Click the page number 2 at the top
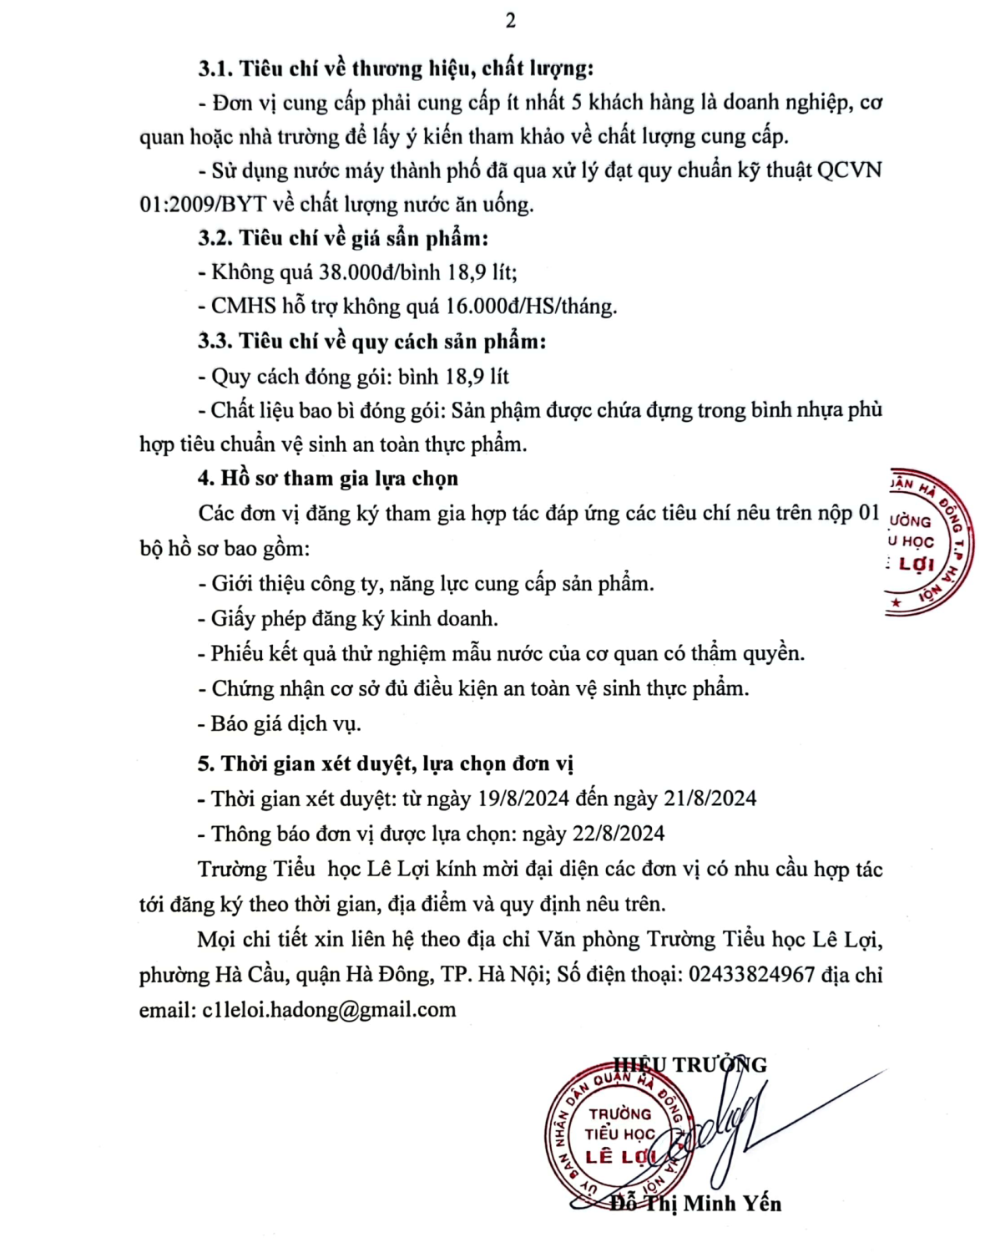point(510,21)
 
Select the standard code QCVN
point(849,170)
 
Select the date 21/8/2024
point(710,799)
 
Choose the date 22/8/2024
point(618,834)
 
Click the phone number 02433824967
point(751,975)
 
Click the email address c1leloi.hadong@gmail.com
point(329,1010)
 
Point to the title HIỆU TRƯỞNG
point(689,1064)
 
